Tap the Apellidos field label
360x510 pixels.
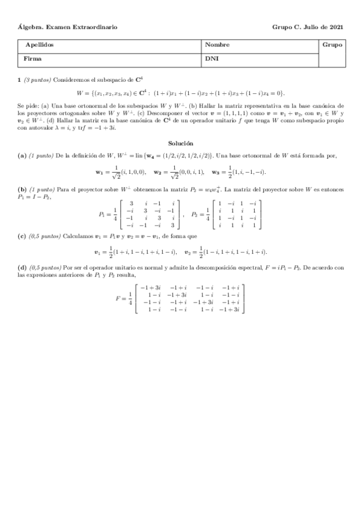(x=39, y=45)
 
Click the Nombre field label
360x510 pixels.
(x=216, y=45)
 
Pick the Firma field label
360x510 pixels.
(x=33, y=59)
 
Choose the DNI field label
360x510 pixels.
(x=211, y=59)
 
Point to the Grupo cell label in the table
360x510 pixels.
(x=332, y=45)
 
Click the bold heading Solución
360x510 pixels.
(x=180, y=144)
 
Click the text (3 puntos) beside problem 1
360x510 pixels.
(x=37, y=80)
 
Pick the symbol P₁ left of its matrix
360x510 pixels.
(x=102, y=214)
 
